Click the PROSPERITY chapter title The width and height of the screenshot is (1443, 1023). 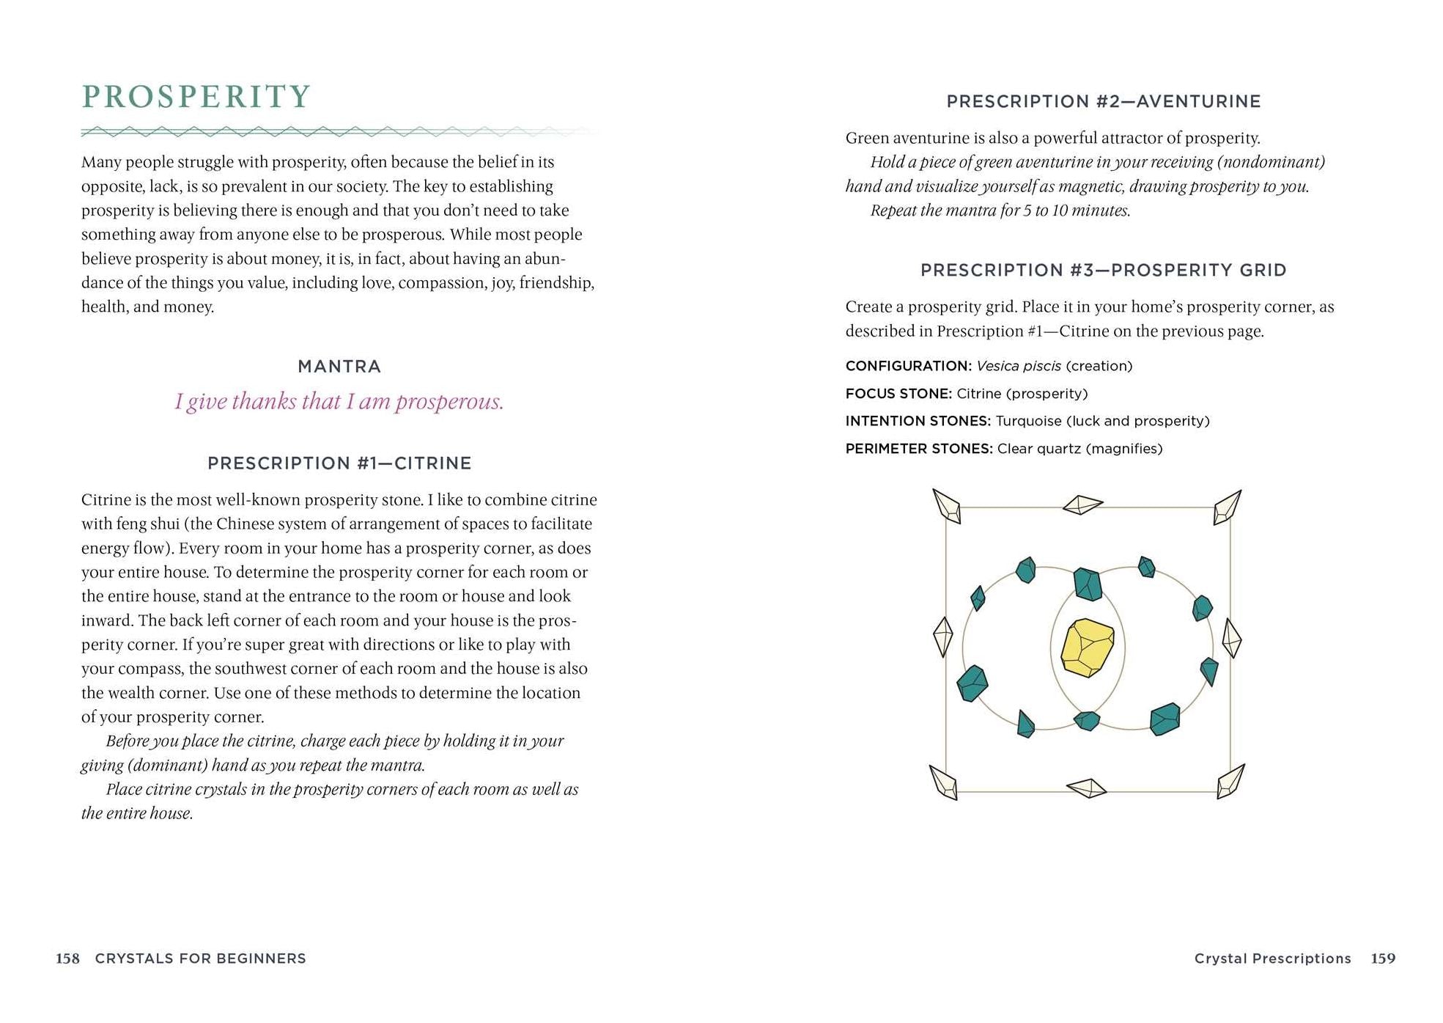click(x=196, y=97)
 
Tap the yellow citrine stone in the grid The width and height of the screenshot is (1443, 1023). click(x=1088, y=648)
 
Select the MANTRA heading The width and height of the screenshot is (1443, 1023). click(x=339, y=367)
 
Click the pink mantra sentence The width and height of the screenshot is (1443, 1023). click(x=339, y=402)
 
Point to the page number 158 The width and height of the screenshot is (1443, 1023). click(x=67, y=958)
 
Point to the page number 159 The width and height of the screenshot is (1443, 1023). click(x=1383, y=958)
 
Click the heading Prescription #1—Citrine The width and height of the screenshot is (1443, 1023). click(x=339, y=463)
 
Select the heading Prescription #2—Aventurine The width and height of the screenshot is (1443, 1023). click(x=1103, y=102)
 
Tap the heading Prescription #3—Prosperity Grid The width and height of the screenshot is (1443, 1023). click(x=1103, y=271)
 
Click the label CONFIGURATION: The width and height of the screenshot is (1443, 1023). click(x=908, y=366)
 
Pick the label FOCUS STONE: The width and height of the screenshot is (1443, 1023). click(x=898, y=394)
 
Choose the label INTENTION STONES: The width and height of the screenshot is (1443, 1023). click(x=918, y=421)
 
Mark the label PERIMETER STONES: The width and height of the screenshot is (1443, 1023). click(x=919, y=449)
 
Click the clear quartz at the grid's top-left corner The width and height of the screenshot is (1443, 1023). click(x=947, y=506)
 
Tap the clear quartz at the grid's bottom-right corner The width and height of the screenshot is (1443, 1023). click(x=1230, y=782)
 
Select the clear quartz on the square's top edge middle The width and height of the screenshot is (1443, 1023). click(x=1082, y=505)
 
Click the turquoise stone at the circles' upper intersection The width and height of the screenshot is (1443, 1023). click(x=1088, y=584)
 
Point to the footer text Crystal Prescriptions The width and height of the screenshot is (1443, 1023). click(x=1272, y=958)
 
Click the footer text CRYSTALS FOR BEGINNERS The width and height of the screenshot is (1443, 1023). click(x=200, y=958)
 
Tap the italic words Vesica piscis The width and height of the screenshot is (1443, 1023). click(x=1019, y=366)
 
